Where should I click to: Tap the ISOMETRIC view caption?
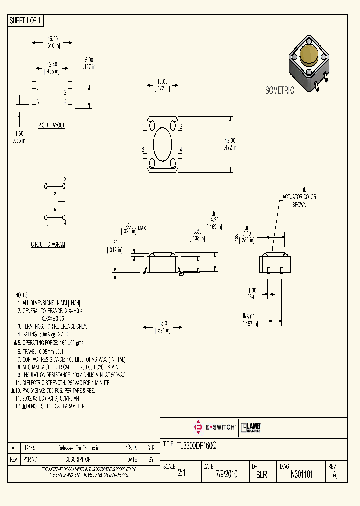point(279,91)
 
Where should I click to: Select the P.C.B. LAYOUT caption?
point(51,125)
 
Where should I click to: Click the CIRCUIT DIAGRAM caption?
point(48,244)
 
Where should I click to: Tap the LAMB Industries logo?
point(252,427)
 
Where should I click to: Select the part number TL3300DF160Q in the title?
point(197,444)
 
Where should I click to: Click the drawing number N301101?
point(302,475)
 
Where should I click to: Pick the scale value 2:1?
point(181,475)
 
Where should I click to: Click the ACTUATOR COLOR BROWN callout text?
point(299,201)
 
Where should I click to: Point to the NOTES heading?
point(22,295)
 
